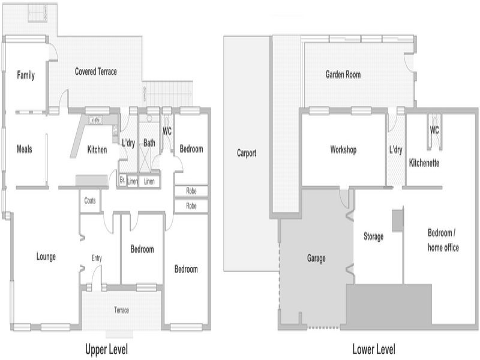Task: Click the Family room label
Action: pos(26,75)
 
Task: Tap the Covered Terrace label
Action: pos(96,71)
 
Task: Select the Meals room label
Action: pos(24,149)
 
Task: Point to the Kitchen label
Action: pos(97,149)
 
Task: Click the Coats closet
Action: pos(89,201)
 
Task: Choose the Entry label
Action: pos(97,258)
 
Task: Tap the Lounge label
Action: pos(46,257)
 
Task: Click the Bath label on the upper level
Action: pos(149,143)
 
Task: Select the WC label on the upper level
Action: pos(167,131)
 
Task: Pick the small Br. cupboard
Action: pos(122,181)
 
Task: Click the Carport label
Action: pos(247,153)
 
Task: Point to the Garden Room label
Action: pos(343,74)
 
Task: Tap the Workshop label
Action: pos(343,149)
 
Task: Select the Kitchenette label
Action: pos(424,163)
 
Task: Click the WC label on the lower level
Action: pos(434,130)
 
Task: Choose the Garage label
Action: pos(316,259)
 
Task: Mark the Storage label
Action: pos(373,236)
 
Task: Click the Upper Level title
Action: pos(107,349)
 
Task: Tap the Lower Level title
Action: pos(374,349)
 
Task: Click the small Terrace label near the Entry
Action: pos(122,310)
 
